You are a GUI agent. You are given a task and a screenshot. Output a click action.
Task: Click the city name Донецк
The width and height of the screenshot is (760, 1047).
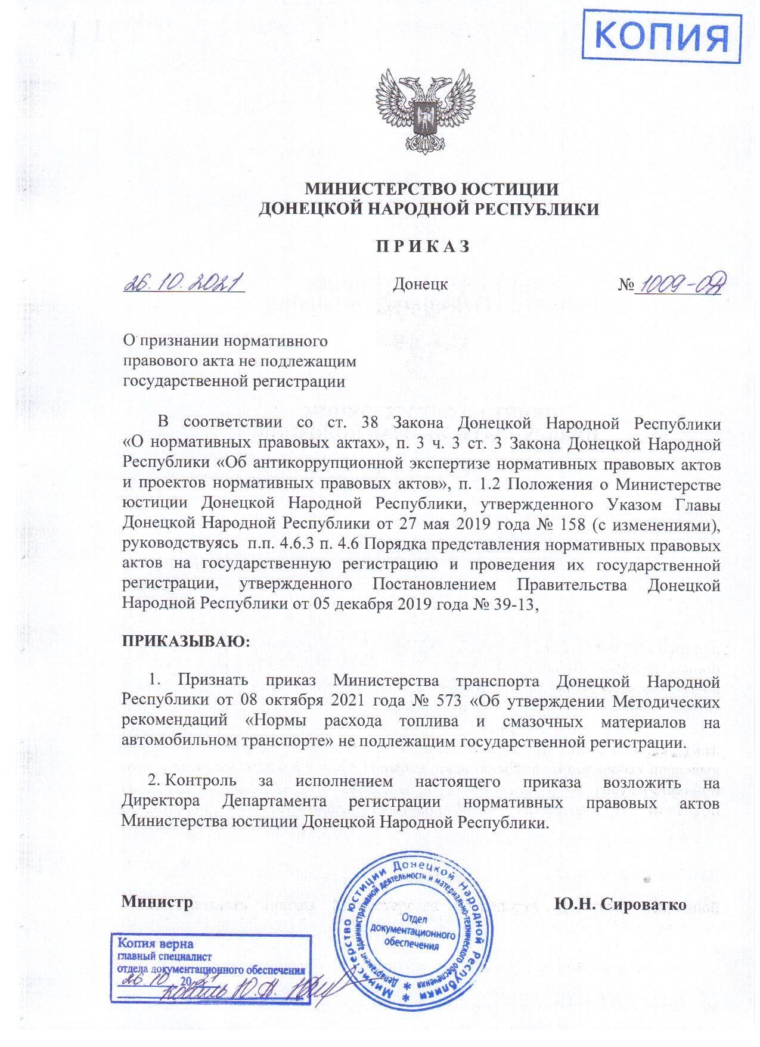420,284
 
